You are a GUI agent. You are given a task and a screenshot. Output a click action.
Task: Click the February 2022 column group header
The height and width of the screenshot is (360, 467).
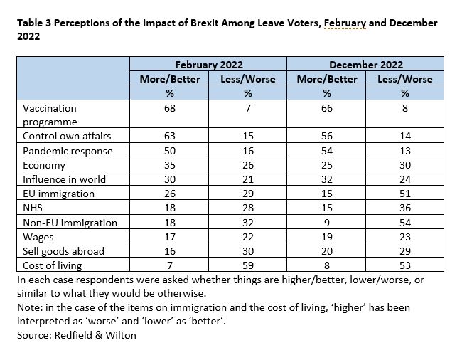(209, 65)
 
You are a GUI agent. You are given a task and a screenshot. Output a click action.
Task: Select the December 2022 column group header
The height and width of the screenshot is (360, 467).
(366, 65)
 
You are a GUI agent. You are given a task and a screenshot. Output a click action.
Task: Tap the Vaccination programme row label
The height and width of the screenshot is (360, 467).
(50, 115)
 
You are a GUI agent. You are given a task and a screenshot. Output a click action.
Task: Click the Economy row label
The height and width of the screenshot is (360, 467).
(44, 165)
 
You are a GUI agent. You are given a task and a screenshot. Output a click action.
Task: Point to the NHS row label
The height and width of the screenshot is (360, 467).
(33, 208)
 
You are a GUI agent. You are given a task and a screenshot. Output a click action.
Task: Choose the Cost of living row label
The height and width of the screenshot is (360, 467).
(52, 265)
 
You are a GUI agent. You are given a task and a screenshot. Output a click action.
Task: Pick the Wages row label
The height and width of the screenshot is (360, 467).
(38, 237)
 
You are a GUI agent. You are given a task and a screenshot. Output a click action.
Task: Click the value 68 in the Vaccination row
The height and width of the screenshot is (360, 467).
(170, 108)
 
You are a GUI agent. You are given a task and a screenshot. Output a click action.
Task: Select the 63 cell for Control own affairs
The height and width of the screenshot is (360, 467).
(170, 136)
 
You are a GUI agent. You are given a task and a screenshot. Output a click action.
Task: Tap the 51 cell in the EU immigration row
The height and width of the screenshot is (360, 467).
(405, 194)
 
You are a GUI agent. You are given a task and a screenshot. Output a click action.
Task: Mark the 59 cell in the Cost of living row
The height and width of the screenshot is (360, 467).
(248, 265)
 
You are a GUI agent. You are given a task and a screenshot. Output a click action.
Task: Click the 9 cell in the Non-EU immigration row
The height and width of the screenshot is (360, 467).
(327, 223)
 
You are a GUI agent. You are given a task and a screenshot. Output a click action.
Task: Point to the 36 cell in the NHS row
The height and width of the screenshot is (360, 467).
(405, 208)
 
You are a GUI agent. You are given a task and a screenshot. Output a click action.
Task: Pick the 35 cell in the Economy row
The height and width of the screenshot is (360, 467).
(170, 165)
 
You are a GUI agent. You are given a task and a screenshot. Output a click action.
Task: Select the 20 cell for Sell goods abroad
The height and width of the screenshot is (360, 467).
(327, 251)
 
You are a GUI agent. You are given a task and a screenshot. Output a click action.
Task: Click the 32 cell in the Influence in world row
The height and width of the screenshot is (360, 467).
(327, 179)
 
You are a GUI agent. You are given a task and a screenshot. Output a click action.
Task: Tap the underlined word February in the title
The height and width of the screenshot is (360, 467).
(345, 23)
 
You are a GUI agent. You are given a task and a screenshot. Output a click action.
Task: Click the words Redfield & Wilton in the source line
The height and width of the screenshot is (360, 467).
(95, 335)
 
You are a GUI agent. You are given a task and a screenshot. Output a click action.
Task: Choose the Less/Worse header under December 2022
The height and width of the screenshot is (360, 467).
(405, 79)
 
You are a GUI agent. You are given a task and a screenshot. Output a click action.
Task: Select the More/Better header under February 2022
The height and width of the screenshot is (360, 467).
(170, 79)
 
